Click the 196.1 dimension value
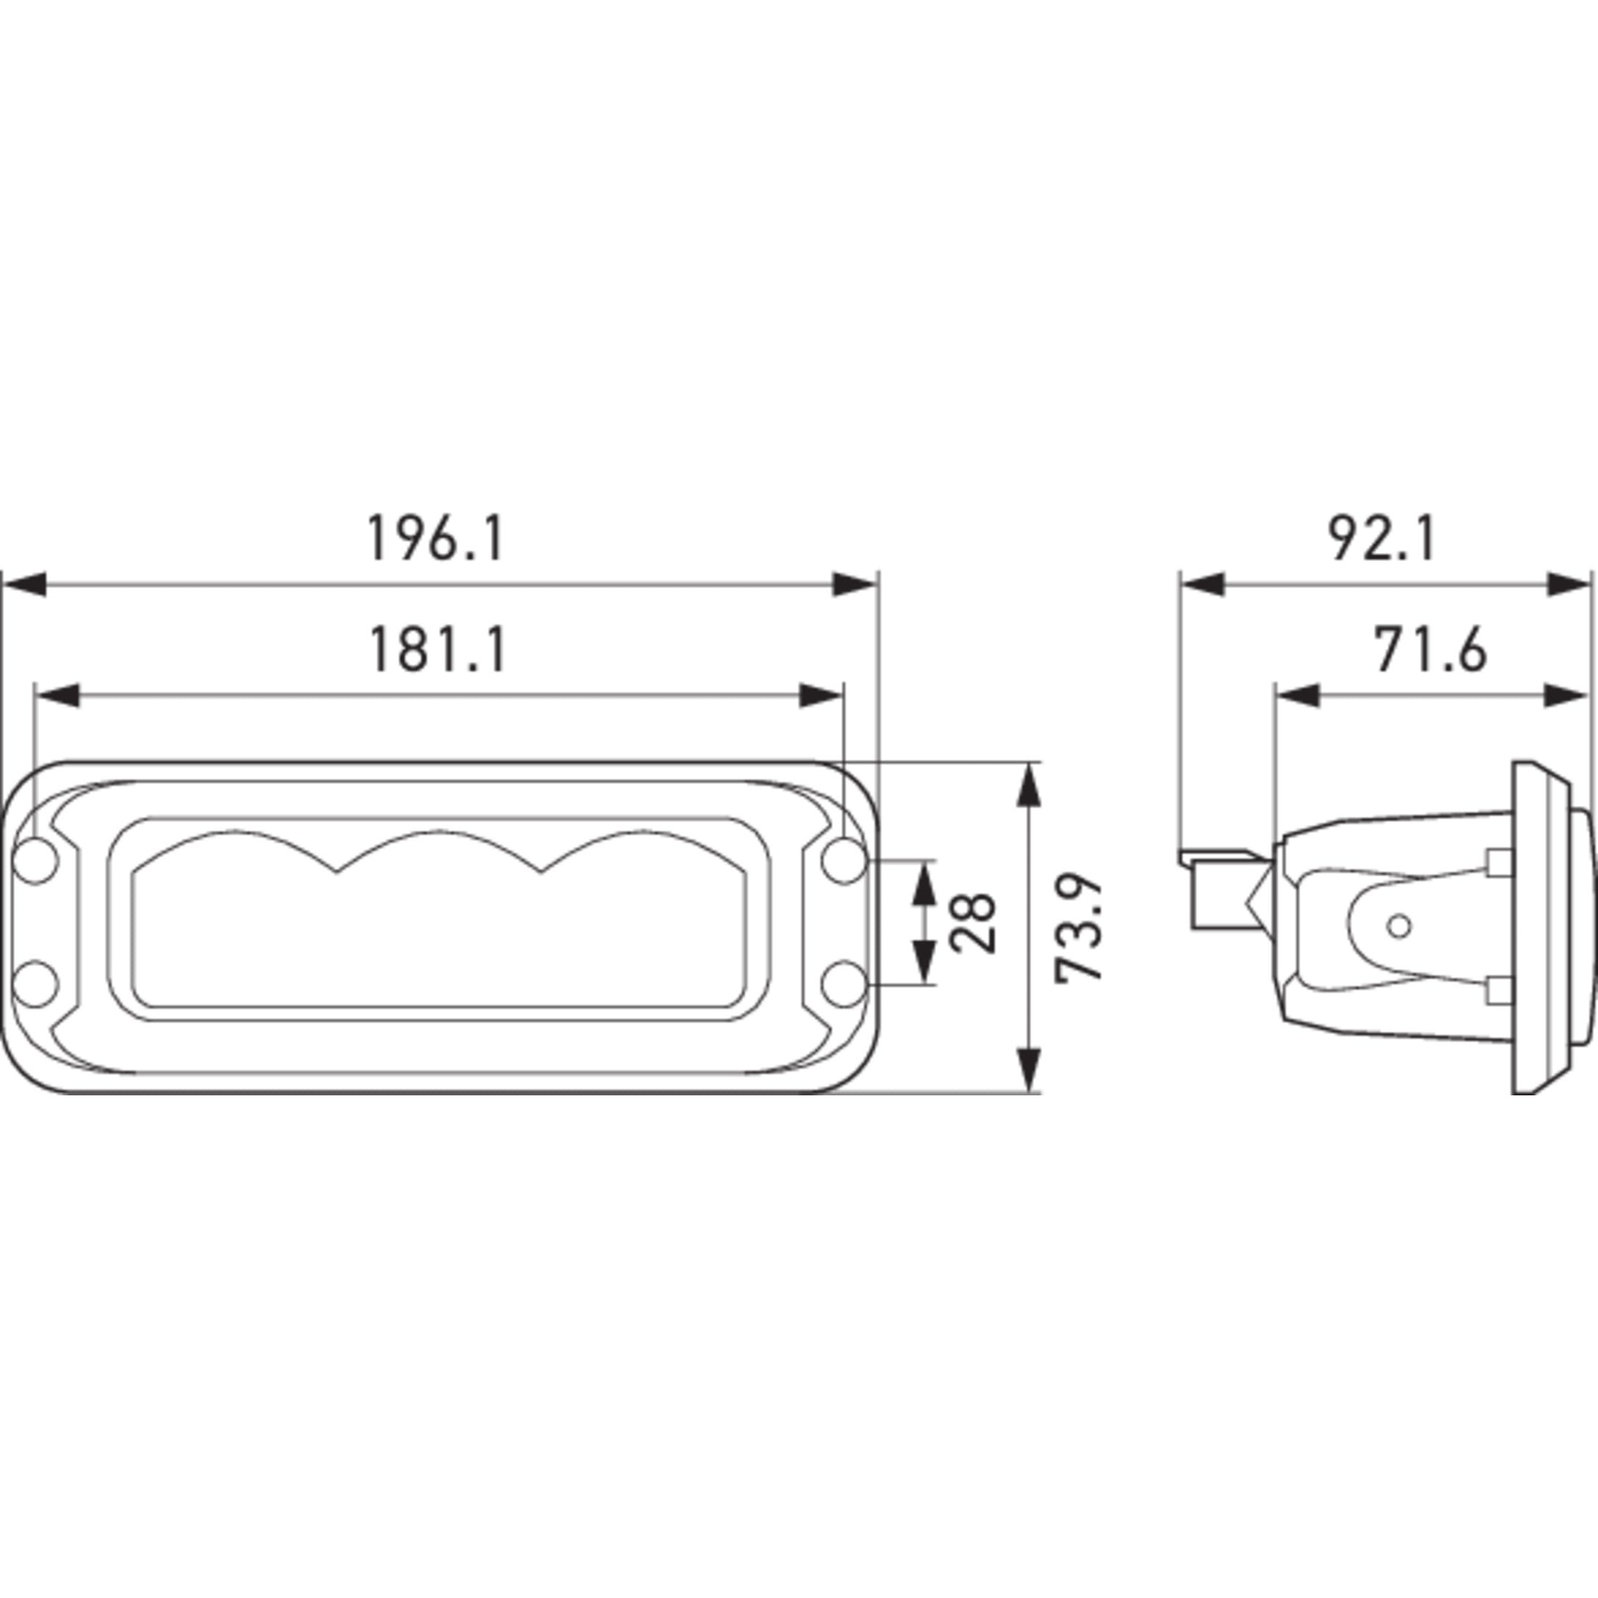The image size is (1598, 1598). tap(435, 538)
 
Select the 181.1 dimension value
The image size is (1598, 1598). tap(437, 650)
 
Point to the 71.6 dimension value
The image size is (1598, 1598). tap(1430, 650)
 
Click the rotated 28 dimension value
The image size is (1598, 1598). tap(973, 923)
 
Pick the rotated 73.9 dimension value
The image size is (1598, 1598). tap(1079, 928)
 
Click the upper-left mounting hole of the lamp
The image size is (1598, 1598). tap(36, 861)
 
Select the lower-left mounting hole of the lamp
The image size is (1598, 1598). tap(36, 984)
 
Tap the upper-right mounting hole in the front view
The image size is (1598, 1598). tap(845, 861)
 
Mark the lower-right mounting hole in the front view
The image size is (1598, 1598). tap(845, 984)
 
